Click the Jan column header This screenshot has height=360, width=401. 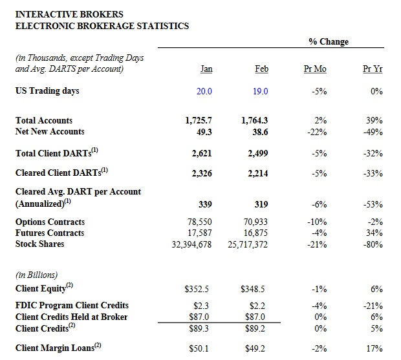tap(206, 69)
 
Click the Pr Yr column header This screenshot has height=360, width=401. tap(373, 69)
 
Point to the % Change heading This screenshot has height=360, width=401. tap(328, 41)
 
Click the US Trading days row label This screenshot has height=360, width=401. tap(47, 90)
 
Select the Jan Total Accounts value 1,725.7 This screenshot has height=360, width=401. tap(199, 120)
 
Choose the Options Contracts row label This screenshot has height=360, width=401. tap(50, 222)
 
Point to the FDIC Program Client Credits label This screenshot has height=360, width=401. tap(72, 305)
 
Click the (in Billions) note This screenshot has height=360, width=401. tap(38, 274)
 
